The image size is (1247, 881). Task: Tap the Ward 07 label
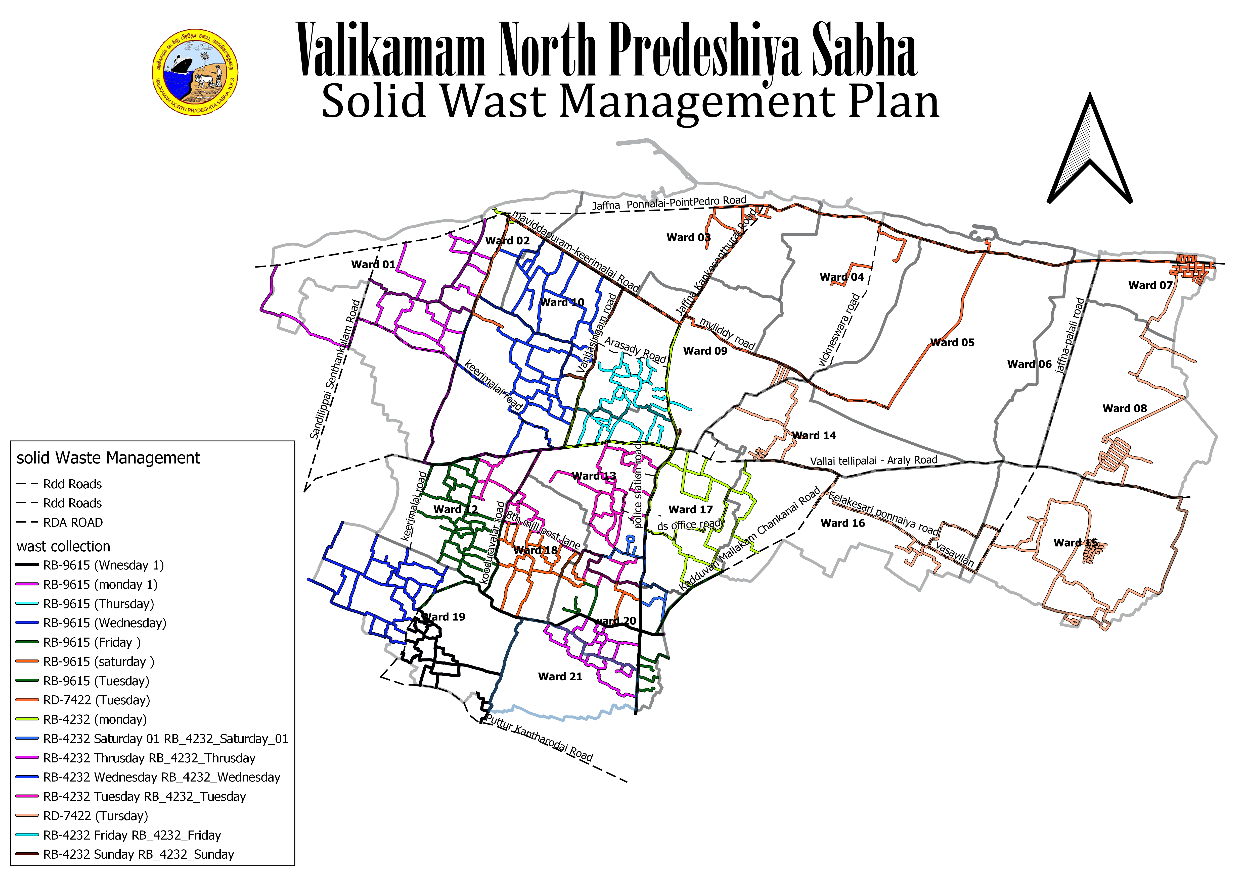tap(1150, 286)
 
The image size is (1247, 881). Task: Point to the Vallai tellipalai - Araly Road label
tap(873, 461)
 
